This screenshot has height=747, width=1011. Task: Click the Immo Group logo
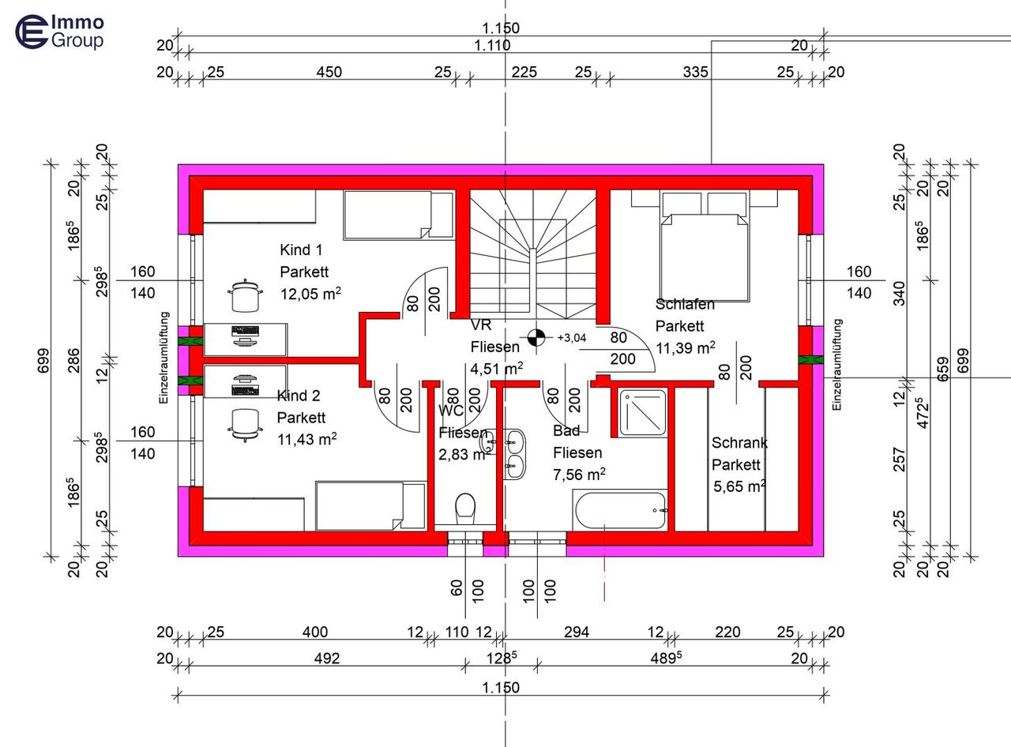[x=60, y=32]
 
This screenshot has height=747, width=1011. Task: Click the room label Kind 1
[x=301, y=250]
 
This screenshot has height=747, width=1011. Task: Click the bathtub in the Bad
[x=621, y=511]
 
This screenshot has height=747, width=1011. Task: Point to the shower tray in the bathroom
[x=642, y=411]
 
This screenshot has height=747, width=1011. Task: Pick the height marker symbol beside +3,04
[x=536, y=337]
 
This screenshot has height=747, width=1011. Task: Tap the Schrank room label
[x=739, y=443]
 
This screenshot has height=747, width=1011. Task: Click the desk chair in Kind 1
[x=245, y=298]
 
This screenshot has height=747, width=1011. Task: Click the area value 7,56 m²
[x=579, y=474]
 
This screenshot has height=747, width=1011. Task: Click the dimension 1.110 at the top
[x=492, y=46]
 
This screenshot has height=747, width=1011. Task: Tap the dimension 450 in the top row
[x=329, y=72]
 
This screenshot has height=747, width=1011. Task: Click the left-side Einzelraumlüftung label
[x=164, y=358]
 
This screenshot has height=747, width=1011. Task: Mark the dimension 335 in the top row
[x=695, y=72]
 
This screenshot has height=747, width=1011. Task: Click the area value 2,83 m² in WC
[x=462, y=454]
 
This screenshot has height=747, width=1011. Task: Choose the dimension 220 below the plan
[x=727, y=632]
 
